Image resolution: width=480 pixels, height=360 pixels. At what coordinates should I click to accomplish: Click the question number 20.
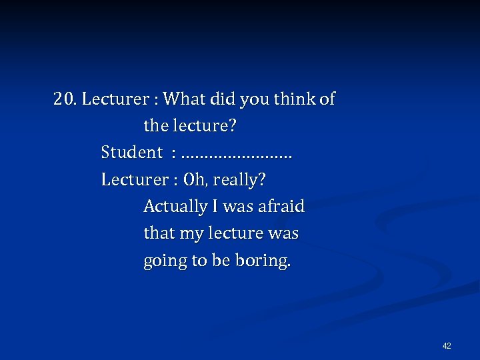(x=65, y=100)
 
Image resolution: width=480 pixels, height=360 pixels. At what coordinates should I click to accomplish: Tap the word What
(x=185, y=100)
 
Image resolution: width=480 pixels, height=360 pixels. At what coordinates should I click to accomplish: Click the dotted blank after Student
(x=237, y=155)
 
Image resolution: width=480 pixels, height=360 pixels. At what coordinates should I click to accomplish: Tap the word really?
(x=239, y=181)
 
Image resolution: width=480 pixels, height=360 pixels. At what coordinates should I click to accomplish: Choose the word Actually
(x=175, y=207)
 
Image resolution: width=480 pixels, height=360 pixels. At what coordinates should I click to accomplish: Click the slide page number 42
(x=447, y=346)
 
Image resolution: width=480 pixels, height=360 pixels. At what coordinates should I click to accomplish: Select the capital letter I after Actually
(x=215, y=207)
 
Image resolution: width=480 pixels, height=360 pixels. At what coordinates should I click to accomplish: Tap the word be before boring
(x=220, y=261)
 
